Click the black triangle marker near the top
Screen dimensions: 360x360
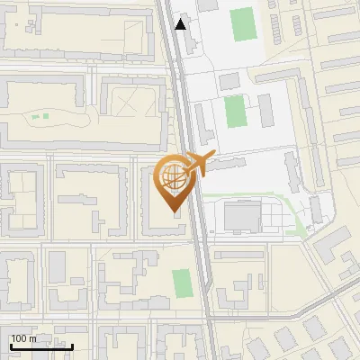click(x=181, y=24)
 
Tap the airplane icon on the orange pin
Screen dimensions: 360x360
click(x=197, y=165)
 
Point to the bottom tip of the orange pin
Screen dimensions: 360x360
click(x=173, y=209)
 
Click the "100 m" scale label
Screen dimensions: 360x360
click(x=23, y=338)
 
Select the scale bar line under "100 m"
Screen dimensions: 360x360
click(x=41, y=346)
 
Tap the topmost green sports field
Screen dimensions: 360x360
click(x=242, y=24)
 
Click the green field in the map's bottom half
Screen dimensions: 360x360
click(x=182, y=283)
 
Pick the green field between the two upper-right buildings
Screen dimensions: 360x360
click(x=235, y=112)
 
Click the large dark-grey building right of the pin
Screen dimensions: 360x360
click(x=241, y=216)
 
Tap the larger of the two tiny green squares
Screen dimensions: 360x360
click(x=36, y=116)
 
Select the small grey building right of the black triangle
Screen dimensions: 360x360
click(x=208, y=5)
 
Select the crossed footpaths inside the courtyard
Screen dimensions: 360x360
click(x=131, y=100)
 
